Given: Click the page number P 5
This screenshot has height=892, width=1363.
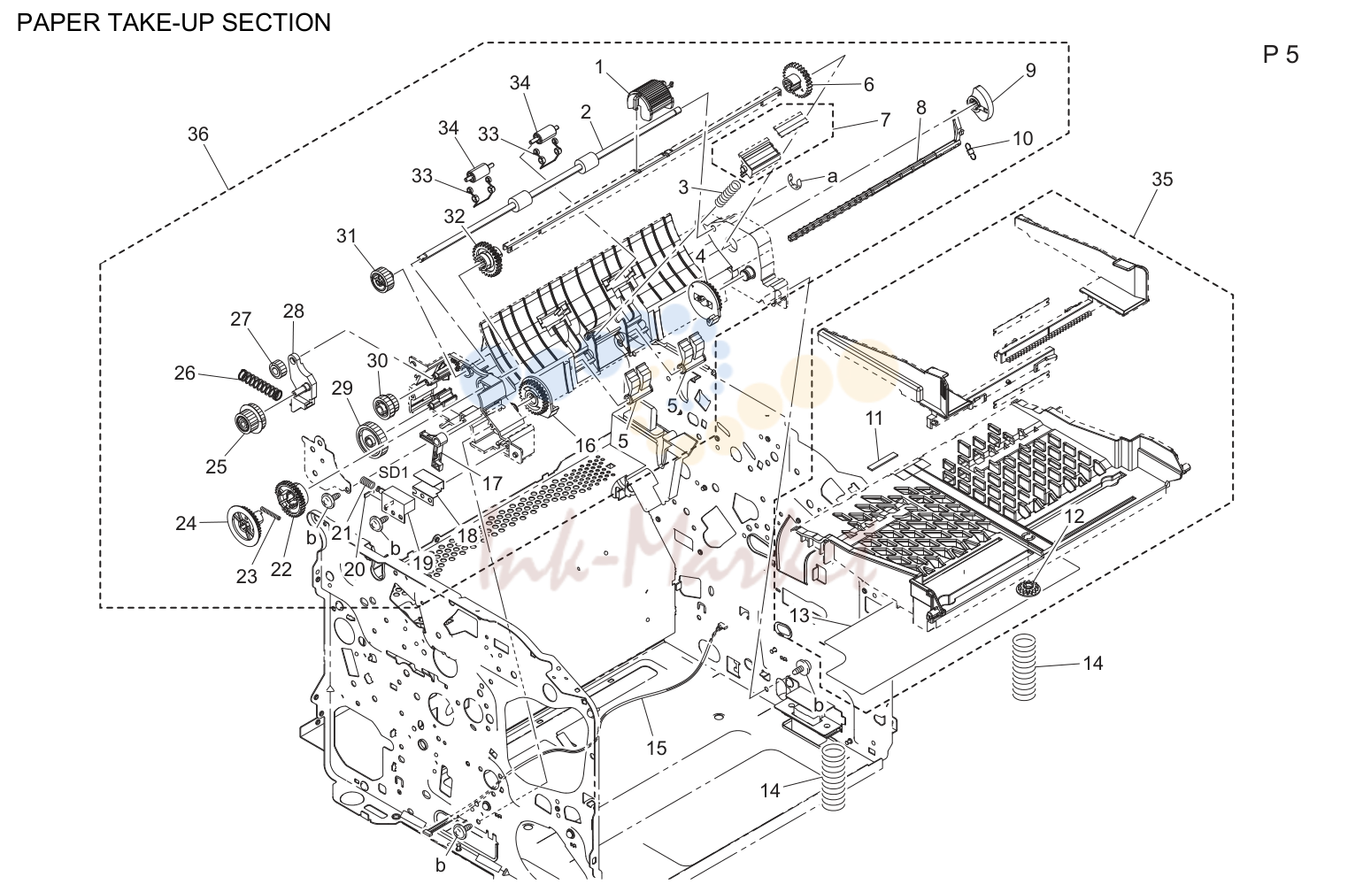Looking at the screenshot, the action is [x=1280, y=55].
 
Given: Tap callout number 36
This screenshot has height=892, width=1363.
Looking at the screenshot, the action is [x=197, y=134].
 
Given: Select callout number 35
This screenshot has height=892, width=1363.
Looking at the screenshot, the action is [x=1161, y=179].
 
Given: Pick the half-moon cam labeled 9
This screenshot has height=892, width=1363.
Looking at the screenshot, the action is [x=981, y=103].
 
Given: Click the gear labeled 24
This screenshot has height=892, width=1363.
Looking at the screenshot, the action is [x=244, y=522].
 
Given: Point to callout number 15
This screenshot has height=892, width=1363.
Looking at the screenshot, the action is [x=657, y=748].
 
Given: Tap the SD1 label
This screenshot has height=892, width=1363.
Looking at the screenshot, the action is [x=394, y=473].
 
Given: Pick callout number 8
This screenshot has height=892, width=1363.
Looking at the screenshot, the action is [x=921, y=108].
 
